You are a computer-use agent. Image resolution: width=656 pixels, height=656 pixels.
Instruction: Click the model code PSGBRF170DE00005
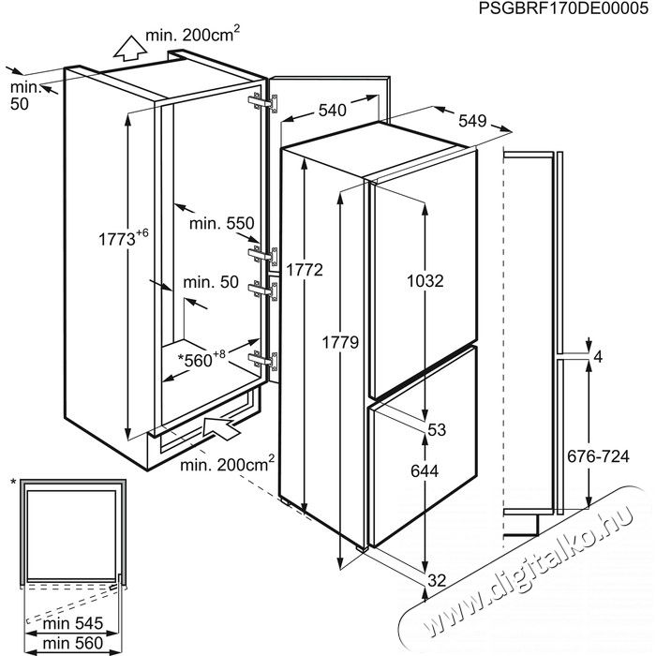pos(563,8)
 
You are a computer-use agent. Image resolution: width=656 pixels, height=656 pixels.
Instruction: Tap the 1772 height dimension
pos(305,270)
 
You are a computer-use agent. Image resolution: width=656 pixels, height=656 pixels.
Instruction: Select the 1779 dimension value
pos(340,343)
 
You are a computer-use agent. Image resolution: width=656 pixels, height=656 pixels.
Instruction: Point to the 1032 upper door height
pos(425,281)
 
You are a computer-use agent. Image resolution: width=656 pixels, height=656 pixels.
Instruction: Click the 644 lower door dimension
pos(425,471)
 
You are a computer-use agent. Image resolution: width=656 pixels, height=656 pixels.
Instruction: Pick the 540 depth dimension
pos(333,110)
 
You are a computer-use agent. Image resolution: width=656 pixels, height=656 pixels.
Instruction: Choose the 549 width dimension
pos(472,121)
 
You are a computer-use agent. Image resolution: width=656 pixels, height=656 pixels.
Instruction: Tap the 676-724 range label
pos(598,456)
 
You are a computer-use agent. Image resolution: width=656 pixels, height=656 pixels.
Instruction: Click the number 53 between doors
pos(437,429)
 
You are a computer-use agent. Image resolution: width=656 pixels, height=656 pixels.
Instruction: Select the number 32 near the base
pos(437,580)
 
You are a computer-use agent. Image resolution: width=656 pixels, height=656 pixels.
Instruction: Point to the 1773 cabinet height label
pos(124,238)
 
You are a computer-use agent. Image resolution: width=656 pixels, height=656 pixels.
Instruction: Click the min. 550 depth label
pos(222,223)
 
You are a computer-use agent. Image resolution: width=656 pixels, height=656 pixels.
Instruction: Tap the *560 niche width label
pos(201,359)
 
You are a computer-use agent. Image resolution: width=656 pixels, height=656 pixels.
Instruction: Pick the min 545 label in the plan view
pos(73,623)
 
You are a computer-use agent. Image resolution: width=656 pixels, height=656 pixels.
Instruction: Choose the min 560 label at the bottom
pos(73,643)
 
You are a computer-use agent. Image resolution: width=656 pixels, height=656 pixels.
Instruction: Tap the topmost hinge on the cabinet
pos(263,103)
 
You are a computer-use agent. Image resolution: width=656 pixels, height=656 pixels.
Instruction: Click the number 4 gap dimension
pos(598,357)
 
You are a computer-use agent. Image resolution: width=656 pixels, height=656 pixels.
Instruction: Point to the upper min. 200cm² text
pos(193,35)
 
